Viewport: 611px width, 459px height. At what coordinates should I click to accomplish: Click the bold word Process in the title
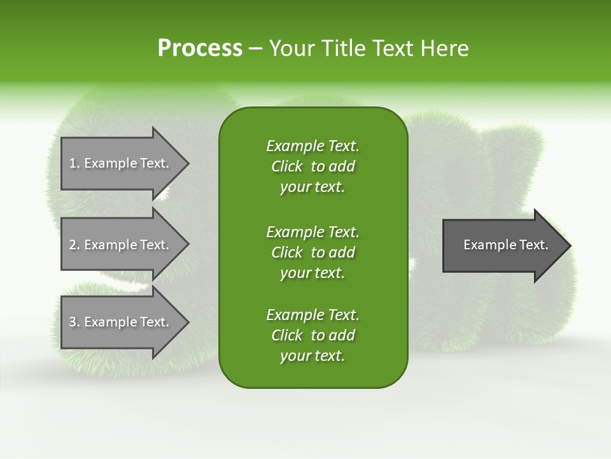pyautogui.click(x=200, y=48)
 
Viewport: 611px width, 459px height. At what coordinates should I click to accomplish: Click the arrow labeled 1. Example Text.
pyautogui.click(x=121, y=163)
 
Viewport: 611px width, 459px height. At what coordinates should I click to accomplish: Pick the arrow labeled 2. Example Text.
pyautogui.click(x=121, y=245)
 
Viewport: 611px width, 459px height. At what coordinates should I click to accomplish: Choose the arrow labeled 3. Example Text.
pyautogui.click(x=121, y=322)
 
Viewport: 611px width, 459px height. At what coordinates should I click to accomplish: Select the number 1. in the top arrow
pyautogui.click(x=74, y=163)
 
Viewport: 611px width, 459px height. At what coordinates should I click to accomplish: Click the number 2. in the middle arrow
pyautogui.click(x=74, y=245)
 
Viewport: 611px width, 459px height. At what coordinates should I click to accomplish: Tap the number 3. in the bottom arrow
pyautogui.click(x=74, y=322)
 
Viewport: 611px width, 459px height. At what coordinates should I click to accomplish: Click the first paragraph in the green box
pyautogui.click(x=313, y=166)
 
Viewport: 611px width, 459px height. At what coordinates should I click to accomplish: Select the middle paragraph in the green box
pyautogui.click(x=313, y=252)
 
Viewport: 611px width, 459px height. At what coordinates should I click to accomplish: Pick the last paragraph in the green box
pyautogui.click(x=313, y=335)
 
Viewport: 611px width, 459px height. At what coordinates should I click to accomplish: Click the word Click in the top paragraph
pyautogui.click(x=287, y=166)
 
